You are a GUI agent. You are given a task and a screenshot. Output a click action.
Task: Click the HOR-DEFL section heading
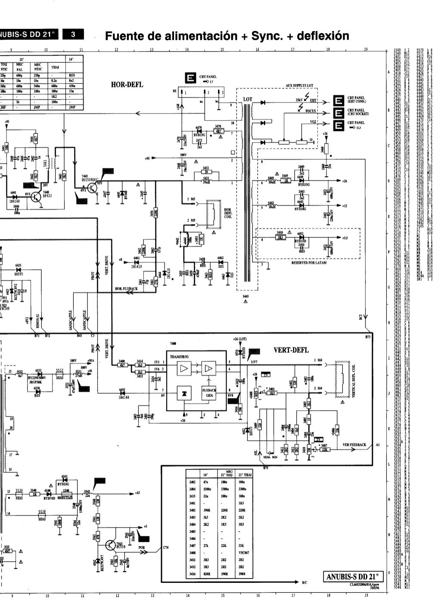[x=127, y=85]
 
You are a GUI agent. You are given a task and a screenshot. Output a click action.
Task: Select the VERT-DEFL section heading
[x=291, y=350]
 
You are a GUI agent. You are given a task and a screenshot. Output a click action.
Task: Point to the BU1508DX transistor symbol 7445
[x=92, y=188]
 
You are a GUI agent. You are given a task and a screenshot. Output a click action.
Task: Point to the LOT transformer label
[x=248, y=99]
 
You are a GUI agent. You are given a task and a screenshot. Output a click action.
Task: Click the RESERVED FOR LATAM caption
[x=309, y=262]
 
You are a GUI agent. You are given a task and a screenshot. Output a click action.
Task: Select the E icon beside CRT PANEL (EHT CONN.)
[x=339, y=101]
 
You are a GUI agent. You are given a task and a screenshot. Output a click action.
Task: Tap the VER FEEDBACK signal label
[x=354, y=444]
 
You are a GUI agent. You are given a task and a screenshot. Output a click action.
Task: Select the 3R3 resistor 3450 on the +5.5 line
[x=280, y=237]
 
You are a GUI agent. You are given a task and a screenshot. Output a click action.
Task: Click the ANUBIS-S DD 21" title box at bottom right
[x=353, y=577]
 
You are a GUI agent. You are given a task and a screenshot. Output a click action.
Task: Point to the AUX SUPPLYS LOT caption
[x=299, y=85]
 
